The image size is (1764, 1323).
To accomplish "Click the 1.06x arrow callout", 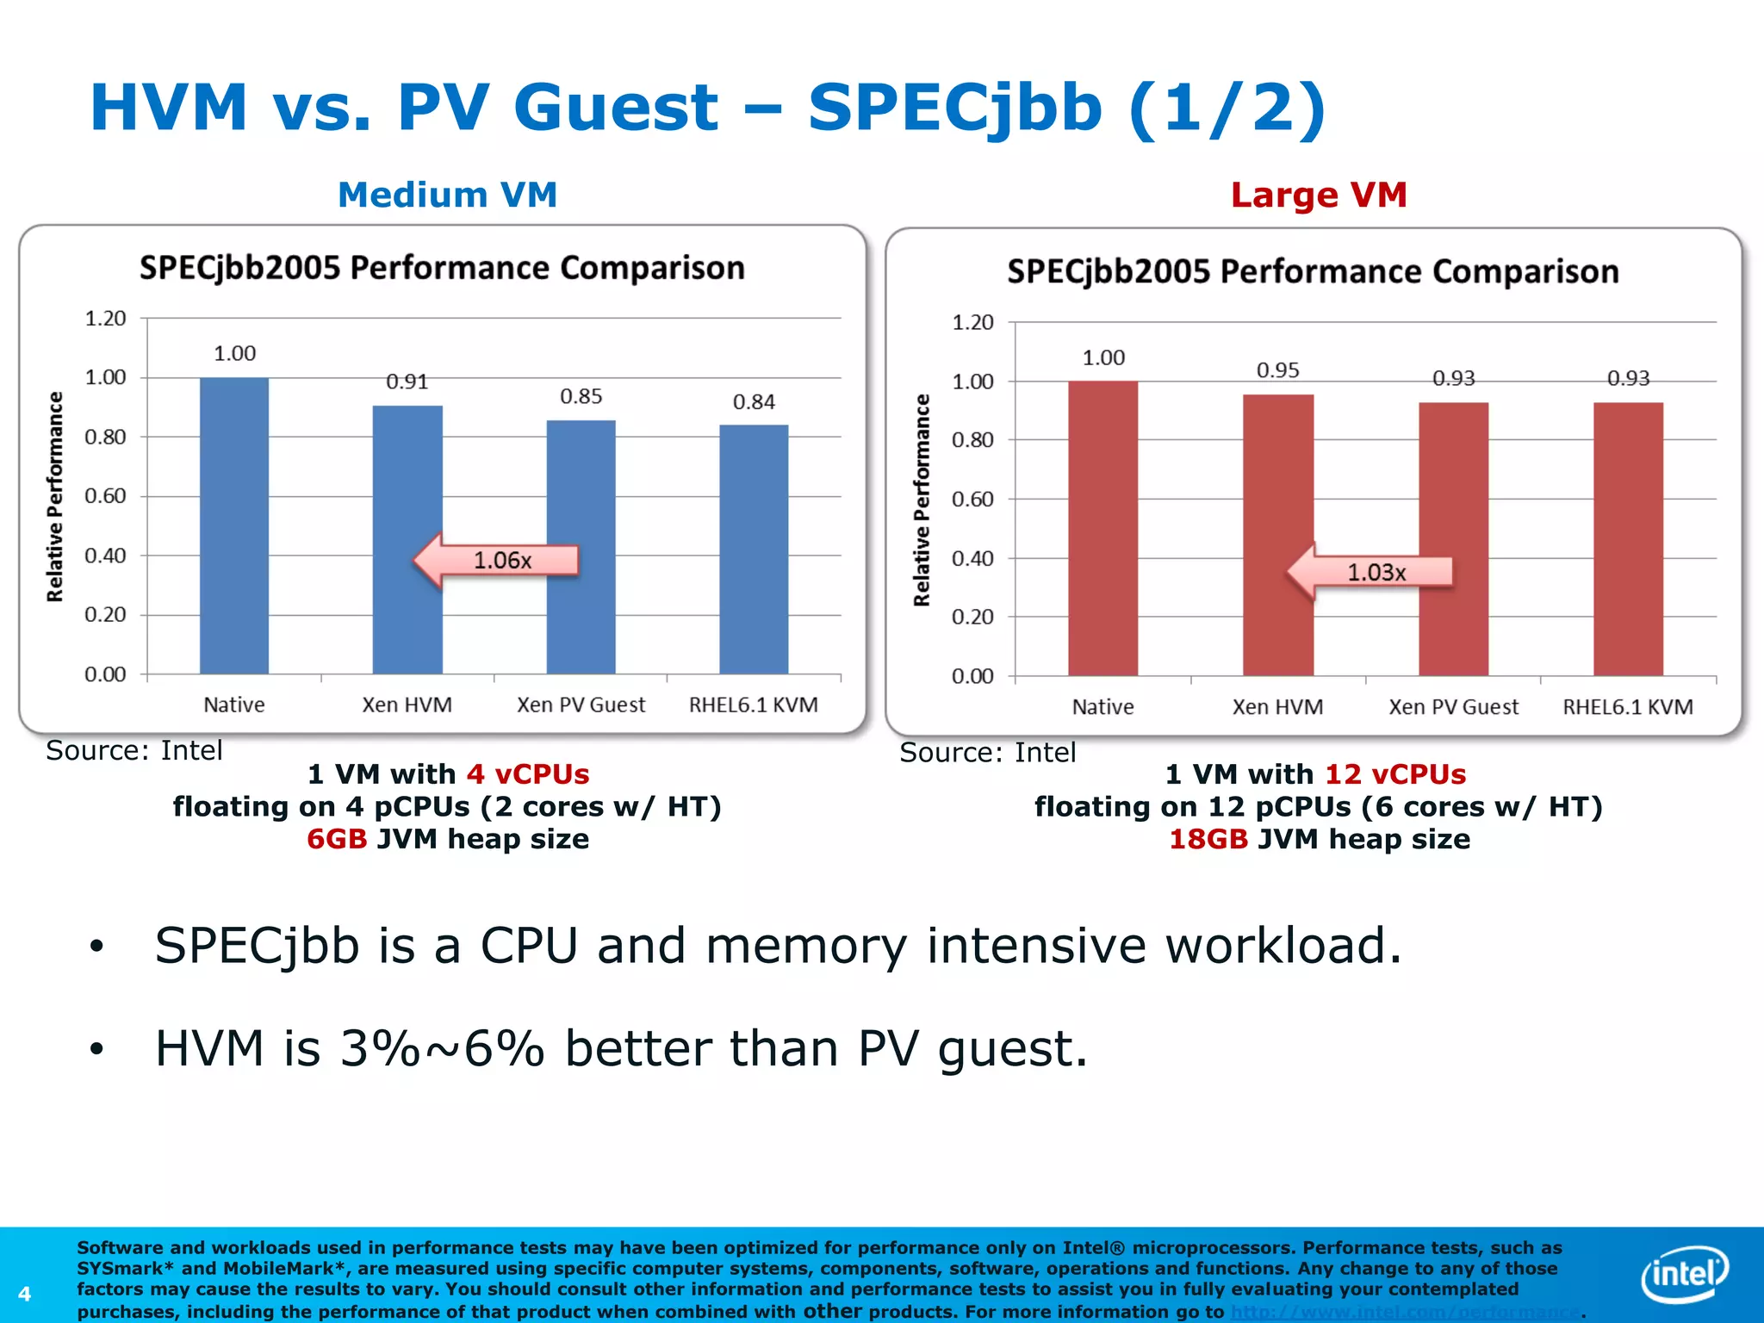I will pyautogui.click(x=496, y=560).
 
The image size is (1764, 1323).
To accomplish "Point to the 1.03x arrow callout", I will pyautogui.click(x=1370, y=572).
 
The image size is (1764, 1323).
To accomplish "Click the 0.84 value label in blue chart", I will pyautogui.click(x=754, y=402).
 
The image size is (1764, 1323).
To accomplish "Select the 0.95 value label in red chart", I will pyautogui.click(x=1277, y=370).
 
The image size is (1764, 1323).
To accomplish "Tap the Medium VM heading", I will pyautogui.click(x=447, y=195).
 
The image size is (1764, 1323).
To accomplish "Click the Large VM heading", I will pyautogui.click(x=1319, y=195).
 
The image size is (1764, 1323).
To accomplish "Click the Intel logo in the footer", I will pyautogui.click(x=1685, y=1273).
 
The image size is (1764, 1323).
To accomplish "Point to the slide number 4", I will pyautogui.click(x=24, y=1294).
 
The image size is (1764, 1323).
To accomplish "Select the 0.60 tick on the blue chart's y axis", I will pyautogui.click(x=105, y=496).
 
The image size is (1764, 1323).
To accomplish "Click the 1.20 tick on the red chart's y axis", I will pyautogui.click(x=972, y=322).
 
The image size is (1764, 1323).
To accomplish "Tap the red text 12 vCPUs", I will pyautogui.click(x=1394, y=774).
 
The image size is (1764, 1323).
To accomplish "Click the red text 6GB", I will pyautogui.click(x=337, y=839).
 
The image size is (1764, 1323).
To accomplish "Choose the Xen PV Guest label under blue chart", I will pyautogui.click(x=581, y=705).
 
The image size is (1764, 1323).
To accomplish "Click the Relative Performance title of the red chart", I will pyautogui.click(x=922, y=500).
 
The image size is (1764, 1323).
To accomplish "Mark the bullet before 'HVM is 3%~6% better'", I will pyautogui.click(x=96, y=1049).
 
